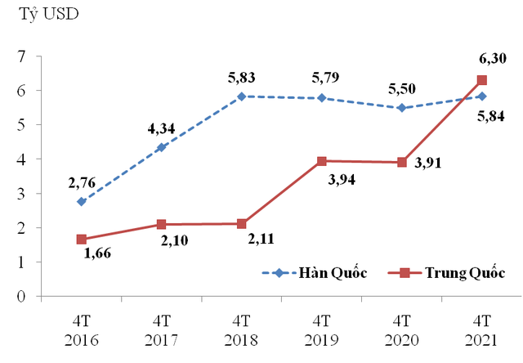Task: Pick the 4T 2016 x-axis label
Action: pos(81,327)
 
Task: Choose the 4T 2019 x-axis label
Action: pos(321,327)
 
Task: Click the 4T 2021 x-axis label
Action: pos(482,327)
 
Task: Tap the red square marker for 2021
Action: pos(482,80)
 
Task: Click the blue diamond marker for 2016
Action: pos(81,201)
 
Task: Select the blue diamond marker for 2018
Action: pos(241,96)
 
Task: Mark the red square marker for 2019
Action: pos(321,161)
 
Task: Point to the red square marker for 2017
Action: pos(161,224)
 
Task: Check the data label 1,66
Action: pos(99,253)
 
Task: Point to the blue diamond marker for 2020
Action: pos(401,107)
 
